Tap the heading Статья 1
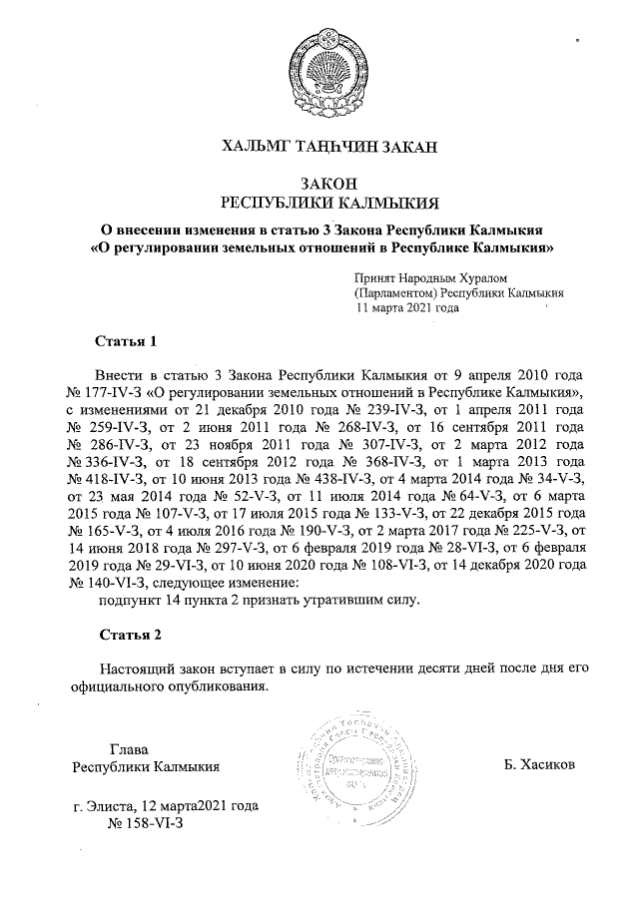click(126, 343)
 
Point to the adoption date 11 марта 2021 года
click(407, 308)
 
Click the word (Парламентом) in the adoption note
click(395, 293)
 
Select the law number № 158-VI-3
click(145, 824)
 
